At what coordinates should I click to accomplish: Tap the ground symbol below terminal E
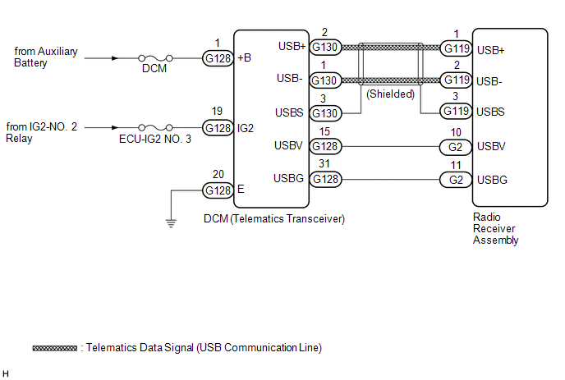click(x=170, y=220)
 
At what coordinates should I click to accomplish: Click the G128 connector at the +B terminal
click(x=218, y=58)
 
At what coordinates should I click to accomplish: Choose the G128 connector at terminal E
click(x=218, y=190)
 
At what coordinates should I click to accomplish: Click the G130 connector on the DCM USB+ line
click(x=325, y=48)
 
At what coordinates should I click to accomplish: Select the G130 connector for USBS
click(x=325, y=112)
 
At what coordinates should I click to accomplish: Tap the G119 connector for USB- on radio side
click(x=457, y=80)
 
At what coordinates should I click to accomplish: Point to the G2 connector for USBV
click(x=457, y=147)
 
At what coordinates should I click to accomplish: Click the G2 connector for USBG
click(x=457, y=179)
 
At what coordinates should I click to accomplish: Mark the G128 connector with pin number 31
click(x=325, y=179)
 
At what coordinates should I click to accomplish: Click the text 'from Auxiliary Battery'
click(x=46, y=57)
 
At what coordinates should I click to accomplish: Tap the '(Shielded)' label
click(x=391, y=94)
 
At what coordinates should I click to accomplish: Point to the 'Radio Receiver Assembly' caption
click(x=496, y=229)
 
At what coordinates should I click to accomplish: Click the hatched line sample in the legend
click(x=56, y=348)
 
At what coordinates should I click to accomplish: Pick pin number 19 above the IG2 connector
click(x=218, y=112)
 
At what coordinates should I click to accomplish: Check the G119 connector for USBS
click(x=457, y=111)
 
